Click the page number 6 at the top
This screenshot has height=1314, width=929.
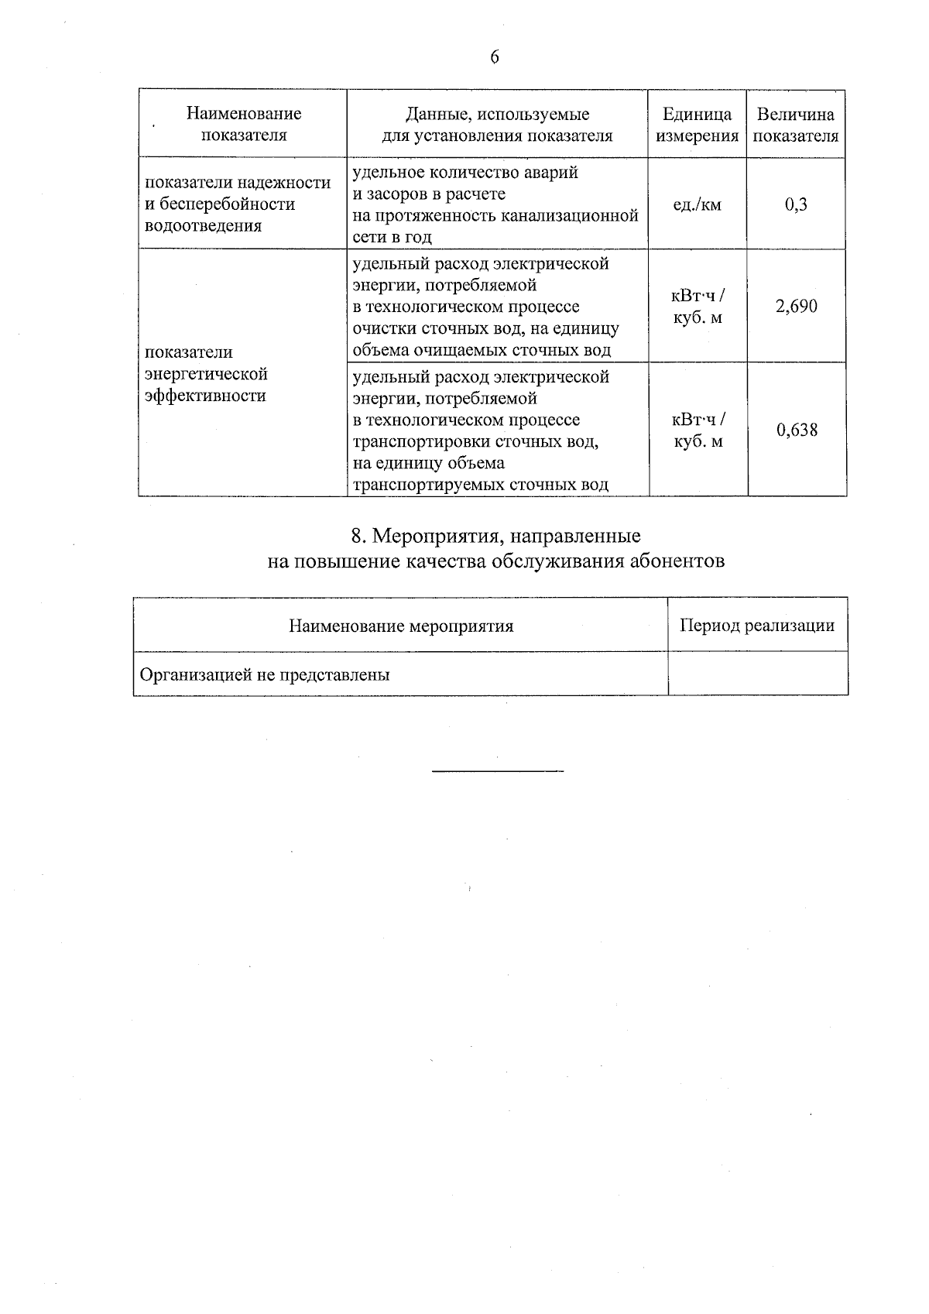(495, 58)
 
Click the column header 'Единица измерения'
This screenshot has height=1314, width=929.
(697, 125)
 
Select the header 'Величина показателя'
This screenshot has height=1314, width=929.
(796, 125)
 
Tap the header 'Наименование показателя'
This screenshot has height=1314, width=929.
(243, 125)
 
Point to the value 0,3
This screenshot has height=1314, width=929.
(796, 204)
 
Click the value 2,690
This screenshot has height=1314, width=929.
(796, 306)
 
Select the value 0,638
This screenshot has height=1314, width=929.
(797, 430)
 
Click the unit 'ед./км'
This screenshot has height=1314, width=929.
(697, 204)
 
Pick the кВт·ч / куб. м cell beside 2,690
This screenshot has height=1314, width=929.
(698, 307)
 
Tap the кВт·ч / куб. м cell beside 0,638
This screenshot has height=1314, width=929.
(698, 431)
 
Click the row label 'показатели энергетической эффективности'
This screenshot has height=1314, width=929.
(206, 374)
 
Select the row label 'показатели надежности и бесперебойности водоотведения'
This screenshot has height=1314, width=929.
(238, 204)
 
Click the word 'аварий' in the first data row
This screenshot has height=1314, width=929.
(551, 172)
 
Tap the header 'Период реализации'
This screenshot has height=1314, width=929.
(756, 626)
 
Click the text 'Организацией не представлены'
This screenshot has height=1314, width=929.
(264, 674)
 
